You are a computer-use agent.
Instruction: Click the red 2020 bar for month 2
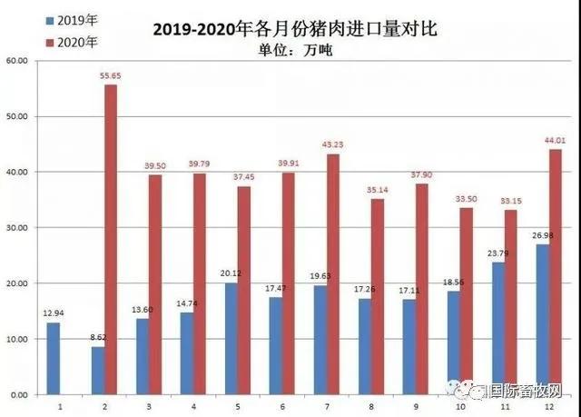110,240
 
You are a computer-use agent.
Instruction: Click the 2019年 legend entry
69,18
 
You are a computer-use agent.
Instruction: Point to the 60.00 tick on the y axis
17,61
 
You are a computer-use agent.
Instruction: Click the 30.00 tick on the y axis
17,228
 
